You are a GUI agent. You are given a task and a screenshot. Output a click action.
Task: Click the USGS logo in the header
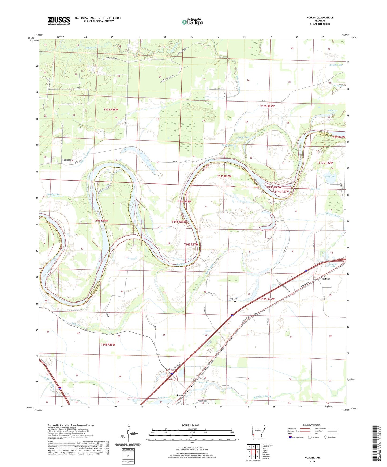click(x=59, y=20)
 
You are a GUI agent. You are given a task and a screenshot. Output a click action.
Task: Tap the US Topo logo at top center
click(x=193, y=22)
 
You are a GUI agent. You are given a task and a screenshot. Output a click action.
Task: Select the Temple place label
click(x=66, y=160)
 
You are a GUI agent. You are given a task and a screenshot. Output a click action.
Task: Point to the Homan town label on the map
click(x=326, y=279)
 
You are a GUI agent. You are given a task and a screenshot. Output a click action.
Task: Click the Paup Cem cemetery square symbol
click(x=235, y=301)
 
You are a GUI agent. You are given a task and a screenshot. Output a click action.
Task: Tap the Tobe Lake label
click(x=330, y=177)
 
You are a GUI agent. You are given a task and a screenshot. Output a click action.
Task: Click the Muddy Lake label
click(x=53, y=194)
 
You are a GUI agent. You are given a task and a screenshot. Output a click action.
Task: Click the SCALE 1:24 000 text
click(x=190, y=426)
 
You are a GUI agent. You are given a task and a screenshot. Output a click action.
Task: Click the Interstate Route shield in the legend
click(x=291, y=437)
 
